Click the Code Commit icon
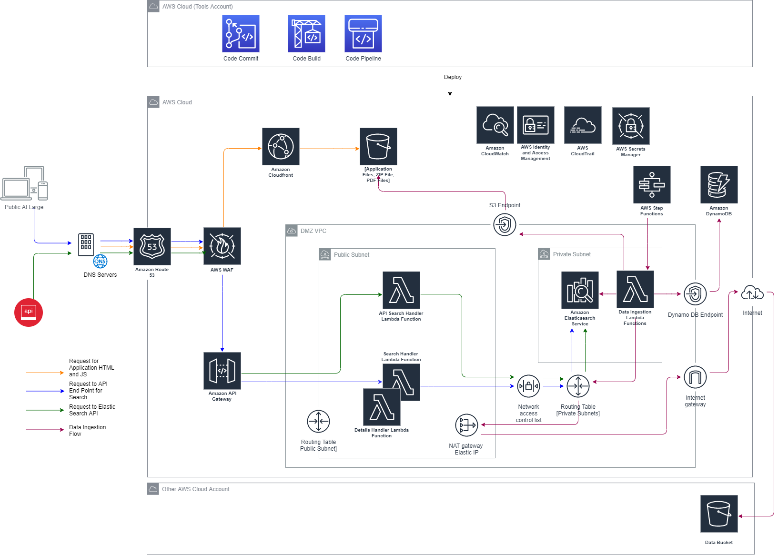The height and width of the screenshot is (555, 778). (241, 33)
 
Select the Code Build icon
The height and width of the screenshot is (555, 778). (306, 33)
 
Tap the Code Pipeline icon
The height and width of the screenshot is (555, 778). (363, 33)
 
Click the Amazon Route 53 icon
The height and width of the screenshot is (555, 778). (152, 247)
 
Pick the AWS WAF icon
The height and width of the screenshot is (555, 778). (222, 246)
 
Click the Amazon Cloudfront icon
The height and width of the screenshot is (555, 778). (281, 147)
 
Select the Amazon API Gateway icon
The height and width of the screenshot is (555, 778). (222, 371)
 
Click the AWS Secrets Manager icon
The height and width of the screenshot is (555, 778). (631, 126)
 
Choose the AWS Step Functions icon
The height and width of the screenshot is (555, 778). (652, 185)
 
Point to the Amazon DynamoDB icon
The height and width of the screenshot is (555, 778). (719, 185)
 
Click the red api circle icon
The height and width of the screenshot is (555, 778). (29, 312)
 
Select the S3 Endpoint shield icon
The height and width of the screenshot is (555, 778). (505, 224)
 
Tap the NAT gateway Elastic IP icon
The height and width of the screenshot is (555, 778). (466, 425)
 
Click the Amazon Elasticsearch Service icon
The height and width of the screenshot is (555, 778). (580, 291)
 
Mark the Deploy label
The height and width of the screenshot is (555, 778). (453, 77)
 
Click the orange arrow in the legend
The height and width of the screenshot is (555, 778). (45, 373)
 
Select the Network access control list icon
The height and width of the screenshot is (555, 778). (528, 386)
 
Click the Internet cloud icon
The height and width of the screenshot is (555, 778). (752, 292)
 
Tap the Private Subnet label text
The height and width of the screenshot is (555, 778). (571, 254)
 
